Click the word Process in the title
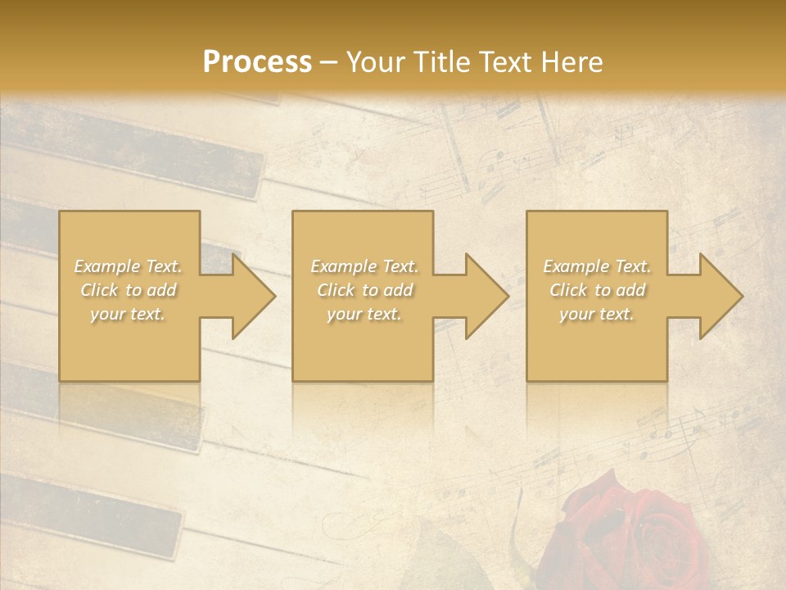[x=257, y=62]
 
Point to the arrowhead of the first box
[x=253, y=296]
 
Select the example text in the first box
[x=129, y=290]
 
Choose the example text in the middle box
[x=364, y=290]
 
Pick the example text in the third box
[x=597, y=290]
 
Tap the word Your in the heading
[x=373, y=62]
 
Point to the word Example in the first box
[x=106, y=266]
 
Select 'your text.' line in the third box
[x=597, y=314]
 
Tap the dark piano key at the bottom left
[x=90, y=512]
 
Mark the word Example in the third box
[x=575, y=266]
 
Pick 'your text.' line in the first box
[x=129, y=314]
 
